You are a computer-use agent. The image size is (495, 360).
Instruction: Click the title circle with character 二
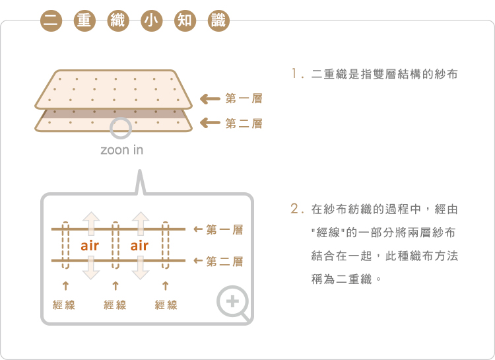49,20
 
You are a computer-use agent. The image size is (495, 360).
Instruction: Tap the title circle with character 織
117,20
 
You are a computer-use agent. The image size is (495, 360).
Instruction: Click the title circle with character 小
151,20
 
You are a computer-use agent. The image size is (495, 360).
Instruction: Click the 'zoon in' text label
121,150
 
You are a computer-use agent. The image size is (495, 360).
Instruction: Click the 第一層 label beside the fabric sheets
244,99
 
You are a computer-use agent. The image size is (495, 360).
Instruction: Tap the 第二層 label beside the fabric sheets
244,123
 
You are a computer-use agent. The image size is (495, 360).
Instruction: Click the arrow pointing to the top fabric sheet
210,99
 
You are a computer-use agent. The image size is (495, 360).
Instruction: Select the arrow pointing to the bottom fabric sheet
210,123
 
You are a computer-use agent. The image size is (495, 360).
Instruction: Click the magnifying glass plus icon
234,304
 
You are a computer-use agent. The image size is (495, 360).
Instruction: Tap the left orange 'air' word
90,246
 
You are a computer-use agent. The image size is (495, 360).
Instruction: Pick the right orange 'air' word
139,246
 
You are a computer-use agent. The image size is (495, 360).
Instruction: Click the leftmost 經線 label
64,305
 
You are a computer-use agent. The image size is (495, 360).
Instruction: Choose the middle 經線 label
115,305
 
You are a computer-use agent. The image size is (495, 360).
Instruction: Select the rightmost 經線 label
166,305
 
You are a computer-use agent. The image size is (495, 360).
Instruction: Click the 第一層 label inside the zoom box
224,230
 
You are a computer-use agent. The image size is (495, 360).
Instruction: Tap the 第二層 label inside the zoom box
224,262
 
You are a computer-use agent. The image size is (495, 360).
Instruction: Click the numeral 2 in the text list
295,209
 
